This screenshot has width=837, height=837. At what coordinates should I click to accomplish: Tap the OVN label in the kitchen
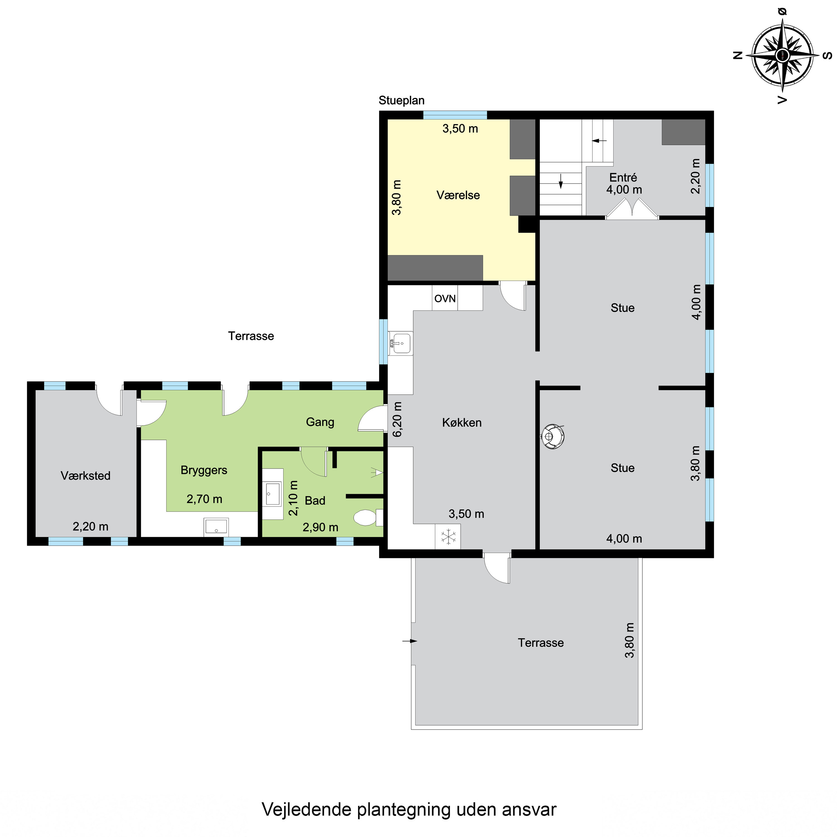point(445,299)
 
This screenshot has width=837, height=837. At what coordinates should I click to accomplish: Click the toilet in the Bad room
point(366,517)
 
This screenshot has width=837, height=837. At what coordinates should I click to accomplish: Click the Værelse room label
point(458,195)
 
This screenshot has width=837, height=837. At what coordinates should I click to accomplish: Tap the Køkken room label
point(462,422)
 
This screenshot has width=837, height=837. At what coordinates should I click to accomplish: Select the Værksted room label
point(85,476)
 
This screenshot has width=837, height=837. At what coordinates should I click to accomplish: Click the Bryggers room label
point(204,470)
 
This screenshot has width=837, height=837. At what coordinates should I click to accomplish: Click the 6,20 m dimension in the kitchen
point(397,419)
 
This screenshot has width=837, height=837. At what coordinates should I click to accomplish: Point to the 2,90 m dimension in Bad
point(320,527)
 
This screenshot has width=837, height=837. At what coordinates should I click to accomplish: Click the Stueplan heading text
point(401,100)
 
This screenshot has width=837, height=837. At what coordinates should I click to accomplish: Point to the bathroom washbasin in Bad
point(273,494)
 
